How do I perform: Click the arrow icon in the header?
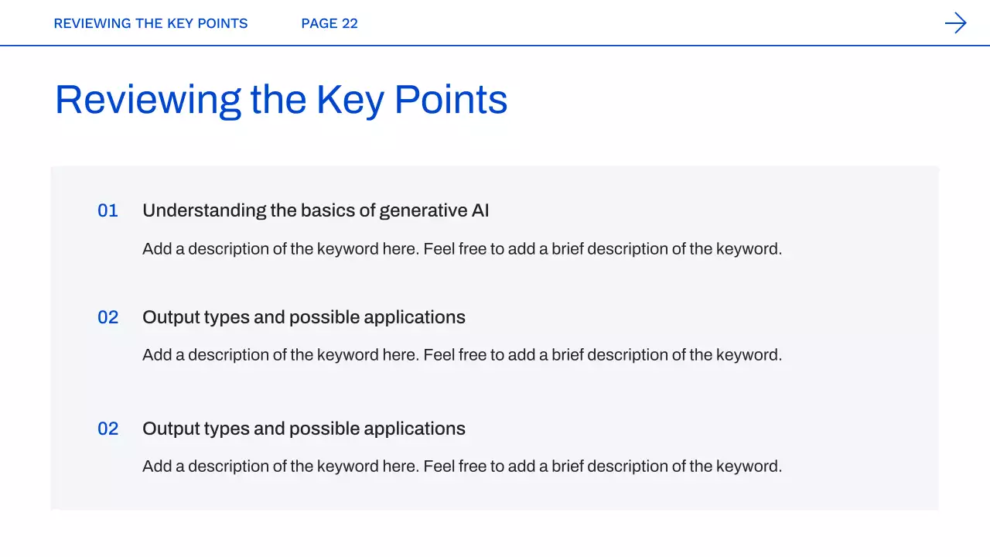point(955,23)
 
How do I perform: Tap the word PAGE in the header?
point(319,23)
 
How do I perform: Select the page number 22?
point(350,23)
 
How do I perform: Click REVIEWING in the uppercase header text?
point(92,23)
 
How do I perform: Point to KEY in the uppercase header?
point(180,23)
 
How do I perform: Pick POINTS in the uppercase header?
point(222,23)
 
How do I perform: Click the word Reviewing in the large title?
point(148,101)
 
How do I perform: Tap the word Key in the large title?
point(350,101)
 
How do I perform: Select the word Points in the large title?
point(451,100)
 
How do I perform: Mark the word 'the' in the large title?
point(278,100)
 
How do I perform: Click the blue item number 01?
point(108,211)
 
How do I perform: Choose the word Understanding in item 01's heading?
point(204,211)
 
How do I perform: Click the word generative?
point(423,211)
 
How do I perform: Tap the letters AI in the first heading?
point(480,210)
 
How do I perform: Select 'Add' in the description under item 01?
point(157,249)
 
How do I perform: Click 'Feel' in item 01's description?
point(439,249)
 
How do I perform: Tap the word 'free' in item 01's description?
point(473,249)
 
